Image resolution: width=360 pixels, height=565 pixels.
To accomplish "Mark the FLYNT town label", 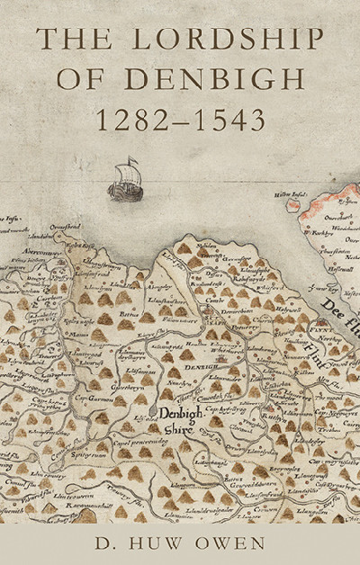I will [317, 331].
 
